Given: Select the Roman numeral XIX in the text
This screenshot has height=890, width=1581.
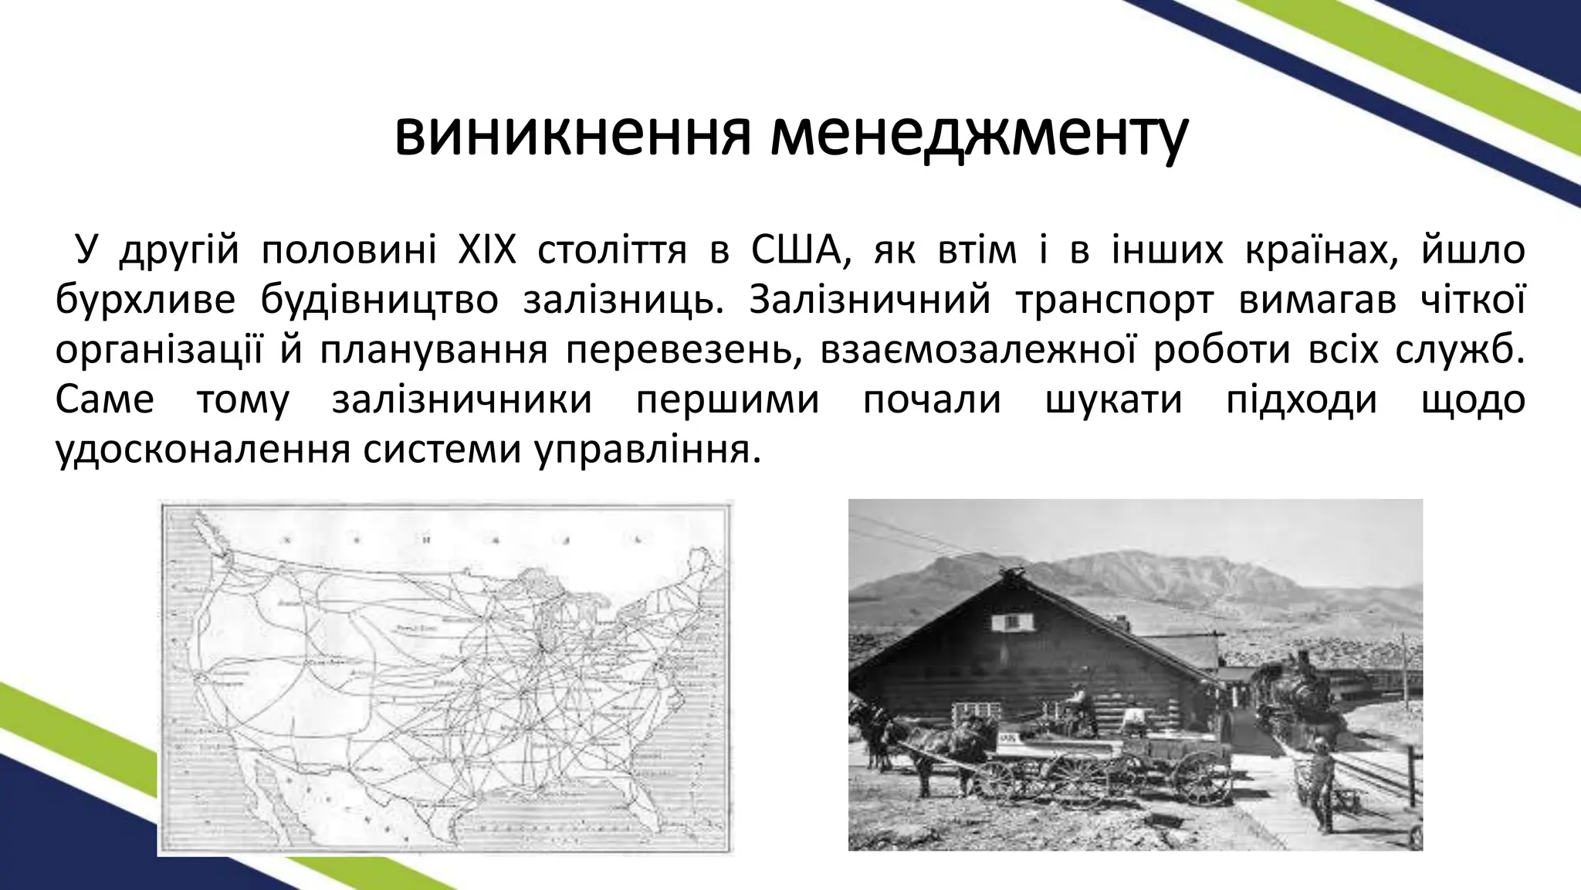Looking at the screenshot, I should (487, 251).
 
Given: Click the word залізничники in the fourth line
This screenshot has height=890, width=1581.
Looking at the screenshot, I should (462, 401).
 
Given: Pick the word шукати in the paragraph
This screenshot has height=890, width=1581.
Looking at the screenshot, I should (1113, 401).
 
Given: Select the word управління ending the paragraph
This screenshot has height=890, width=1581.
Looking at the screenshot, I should (642, 450).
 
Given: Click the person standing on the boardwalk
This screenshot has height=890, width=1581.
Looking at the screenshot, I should (1322, 780).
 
